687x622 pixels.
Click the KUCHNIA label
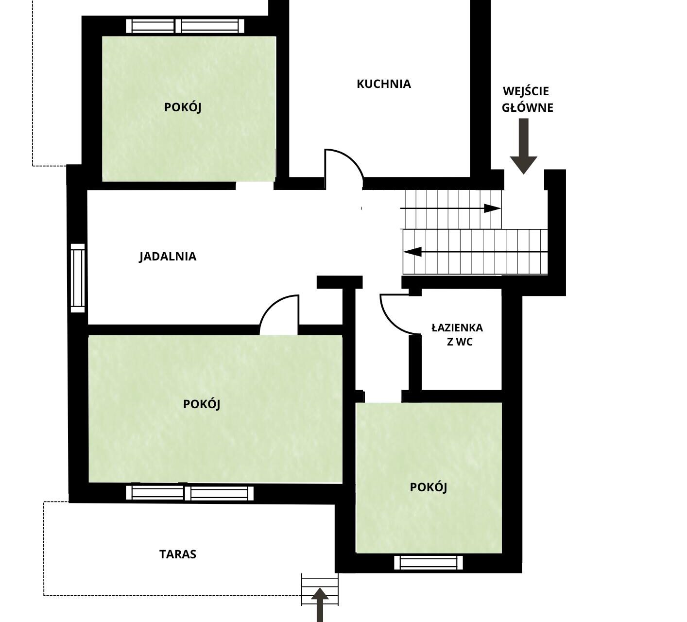[383, 84]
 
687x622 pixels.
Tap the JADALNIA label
[168, 257]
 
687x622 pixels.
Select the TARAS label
[178, 554]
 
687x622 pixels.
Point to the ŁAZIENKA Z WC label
[457, 335]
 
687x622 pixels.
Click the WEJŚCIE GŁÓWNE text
[528, 100]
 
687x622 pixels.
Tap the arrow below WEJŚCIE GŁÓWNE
[524, 146]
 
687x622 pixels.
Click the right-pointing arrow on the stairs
[451, 208]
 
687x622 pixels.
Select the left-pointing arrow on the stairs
[475, 252]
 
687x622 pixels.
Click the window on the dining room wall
[78, 278]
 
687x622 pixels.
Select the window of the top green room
[185, 26]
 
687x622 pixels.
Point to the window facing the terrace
[190, 493]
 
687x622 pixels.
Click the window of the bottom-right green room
[429, 563]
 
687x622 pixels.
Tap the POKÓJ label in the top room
[183, 107]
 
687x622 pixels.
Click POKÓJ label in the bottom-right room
[429, 487]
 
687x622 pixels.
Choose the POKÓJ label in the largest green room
[201, 404]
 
